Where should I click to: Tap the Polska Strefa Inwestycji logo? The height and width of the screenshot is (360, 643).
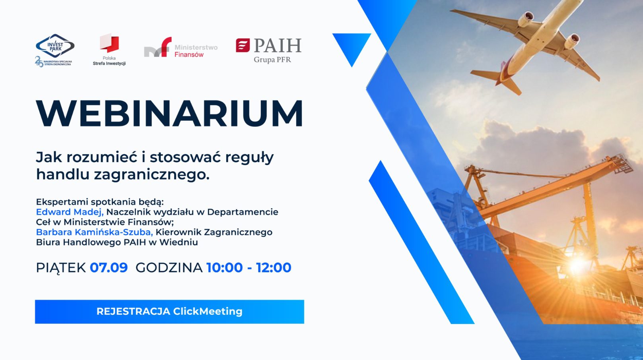coord(109,49)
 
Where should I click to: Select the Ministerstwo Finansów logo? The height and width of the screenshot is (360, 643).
coord(181,47)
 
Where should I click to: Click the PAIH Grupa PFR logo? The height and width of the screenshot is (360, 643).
coord(269,50)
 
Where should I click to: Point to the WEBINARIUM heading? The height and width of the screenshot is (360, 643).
coord(170,113)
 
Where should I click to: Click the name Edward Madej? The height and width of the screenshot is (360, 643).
coord(70,212)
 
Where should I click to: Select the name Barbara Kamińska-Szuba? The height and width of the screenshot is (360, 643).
coord(94,232)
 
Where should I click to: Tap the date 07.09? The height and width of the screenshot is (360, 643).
coord(109,267)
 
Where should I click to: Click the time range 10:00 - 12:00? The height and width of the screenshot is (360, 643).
coord(249,267)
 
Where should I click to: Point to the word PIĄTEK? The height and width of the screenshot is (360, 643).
coord(61,268)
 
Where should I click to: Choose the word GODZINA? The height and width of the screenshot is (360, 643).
coord(169,268)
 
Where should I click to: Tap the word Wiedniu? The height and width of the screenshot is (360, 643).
coord(179,242)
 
